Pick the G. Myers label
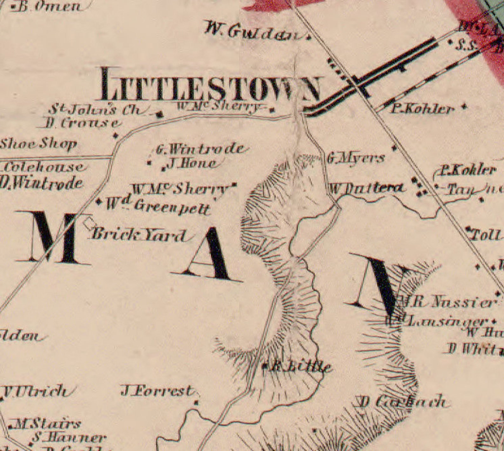click(x=356, y=158)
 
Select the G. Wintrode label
click(x=200, y=149)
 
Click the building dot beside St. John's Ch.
click(x=161, y=114)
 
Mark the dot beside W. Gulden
click(x=309, y=37)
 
